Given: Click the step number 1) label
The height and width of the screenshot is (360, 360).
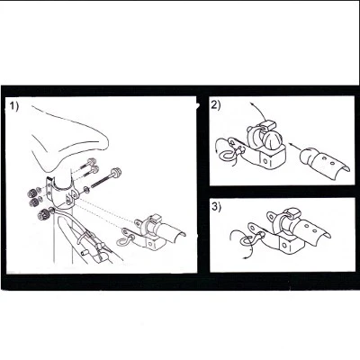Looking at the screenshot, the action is point(13,106).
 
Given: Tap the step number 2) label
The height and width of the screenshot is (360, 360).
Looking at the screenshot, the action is point(216,105).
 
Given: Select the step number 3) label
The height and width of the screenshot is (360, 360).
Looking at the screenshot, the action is point(216,207).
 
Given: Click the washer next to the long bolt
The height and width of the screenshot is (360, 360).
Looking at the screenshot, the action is point(86,189).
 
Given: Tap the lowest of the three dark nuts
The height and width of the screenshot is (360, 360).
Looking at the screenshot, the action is point(41,213).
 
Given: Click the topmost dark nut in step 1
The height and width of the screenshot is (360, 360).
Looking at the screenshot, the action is point(31,193).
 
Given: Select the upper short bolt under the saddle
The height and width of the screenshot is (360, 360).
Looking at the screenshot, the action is point(87,164).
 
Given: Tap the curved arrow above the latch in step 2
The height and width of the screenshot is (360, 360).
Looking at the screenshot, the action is point(257,112).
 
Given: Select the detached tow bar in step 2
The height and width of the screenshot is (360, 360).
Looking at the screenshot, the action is point(325,164).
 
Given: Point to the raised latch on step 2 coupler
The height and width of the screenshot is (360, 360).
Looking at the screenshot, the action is point(268,125).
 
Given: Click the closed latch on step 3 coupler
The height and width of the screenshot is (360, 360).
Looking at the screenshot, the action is point(291,213).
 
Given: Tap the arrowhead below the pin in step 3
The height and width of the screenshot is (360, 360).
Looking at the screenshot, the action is point(244,257).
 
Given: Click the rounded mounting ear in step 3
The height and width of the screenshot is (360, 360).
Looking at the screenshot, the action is point(271,217).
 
